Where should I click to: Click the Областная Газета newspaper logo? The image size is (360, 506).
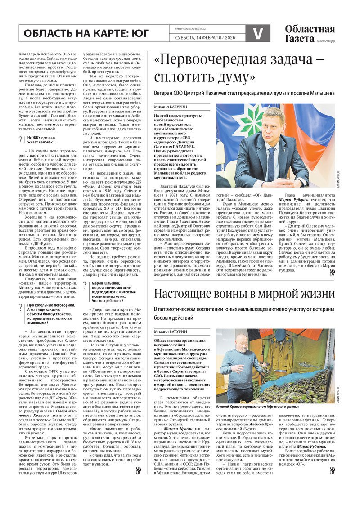(310, 34)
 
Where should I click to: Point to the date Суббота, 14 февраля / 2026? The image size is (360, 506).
(205, 37)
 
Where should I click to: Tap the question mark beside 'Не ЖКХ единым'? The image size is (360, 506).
(22, 140)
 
